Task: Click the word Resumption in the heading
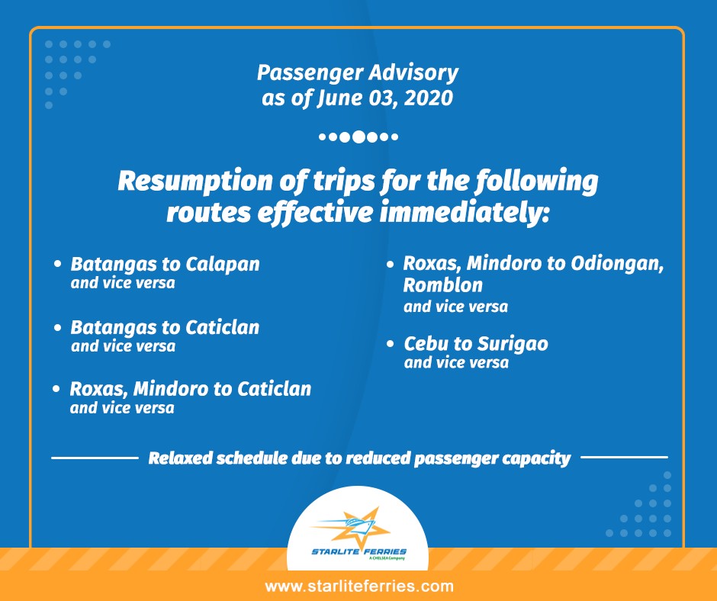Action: [x=195, y=182]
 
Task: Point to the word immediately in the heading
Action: [x=464, y=213]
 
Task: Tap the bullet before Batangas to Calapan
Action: [x=58, y=264]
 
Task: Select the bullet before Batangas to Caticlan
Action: [x=58, y=327]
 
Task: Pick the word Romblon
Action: [x=442, y=285]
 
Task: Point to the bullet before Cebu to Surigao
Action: [x=390, y=343]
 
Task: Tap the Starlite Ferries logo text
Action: [x=359, y=551]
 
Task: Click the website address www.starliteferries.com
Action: [x=359, y=587]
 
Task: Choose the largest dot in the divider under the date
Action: [x=359, y=137]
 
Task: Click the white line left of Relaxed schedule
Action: [x=95, y=458]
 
